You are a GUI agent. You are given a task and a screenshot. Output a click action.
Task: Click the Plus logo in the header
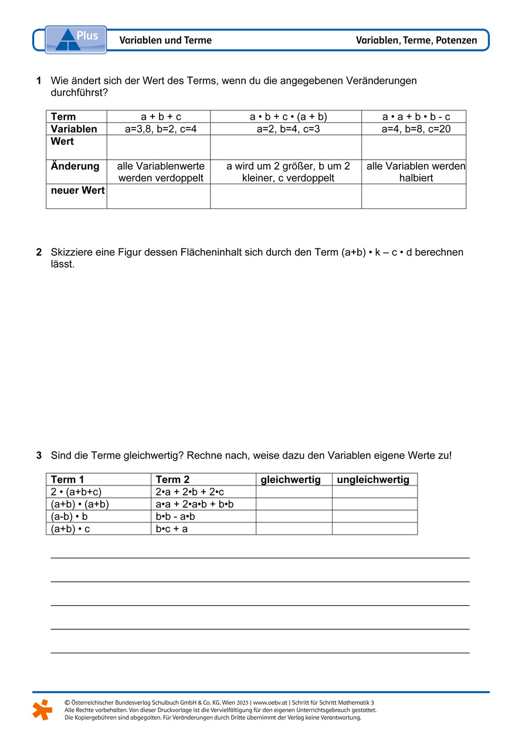[76, 39]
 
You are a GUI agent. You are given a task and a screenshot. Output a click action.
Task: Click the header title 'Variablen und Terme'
[165, 41]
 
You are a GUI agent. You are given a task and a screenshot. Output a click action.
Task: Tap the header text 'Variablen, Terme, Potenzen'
[416, 41]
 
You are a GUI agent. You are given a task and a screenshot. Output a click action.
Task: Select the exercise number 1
[39, 80]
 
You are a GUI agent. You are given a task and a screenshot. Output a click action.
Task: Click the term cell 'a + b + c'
[158, 116]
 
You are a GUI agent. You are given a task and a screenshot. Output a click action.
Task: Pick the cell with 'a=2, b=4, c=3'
[286, 129]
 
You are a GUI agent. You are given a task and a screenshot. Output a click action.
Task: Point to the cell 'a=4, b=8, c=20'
[413, 129]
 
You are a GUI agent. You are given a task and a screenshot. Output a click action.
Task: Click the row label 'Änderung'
[75, 166]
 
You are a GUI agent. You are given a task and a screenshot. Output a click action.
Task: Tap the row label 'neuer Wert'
[77, 190]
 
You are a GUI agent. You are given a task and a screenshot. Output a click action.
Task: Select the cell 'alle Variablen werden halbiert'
[413, 171]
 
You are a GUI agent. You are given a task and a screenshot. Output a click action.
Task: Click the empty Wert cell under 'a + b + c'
[158, 147]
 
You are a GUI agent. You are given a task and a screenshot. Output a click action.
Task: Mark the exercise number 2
[39, 252]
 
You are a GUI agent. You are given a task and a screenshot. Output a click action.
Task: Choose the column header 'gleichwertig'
[290, 480]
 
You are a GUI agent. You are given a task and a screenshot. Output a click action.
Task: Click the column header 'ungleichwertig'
[373, 480]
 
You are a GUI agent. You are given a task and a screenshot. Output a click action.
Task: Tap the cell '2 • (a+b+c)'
[81, 492]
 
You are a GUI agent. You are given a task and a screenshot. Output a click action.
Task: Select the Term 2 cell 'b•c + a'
[172, 528]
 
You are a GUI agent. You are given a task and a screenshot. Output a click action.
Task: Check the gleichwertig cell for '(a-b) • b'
[293, 517]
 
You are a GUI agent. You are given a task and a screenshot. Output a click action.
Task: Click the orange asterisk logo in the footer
[42, 709]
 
